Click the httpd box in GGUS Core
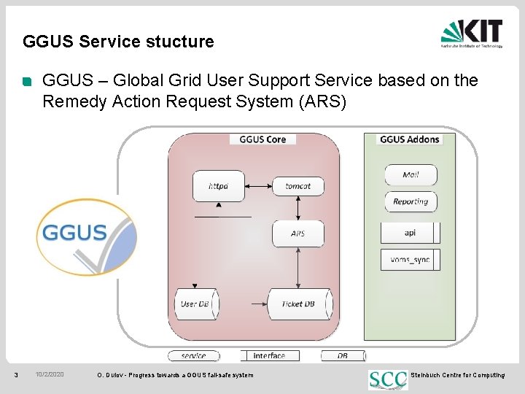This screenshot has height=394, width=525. (218, 186)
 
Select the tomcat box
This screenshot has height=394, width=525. (297, 186)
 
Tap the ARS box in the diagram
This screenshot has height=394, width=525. (297, 233)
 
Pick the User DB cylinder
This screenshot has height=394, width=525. (195, 304)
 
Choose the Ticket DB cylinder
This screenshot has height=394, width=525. (297, 304)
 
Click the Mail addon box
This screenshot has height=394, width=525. (411, 175)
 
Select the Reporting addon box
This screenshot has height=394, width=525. (411, 202)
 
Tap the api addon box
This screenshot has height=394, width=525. (410, 233)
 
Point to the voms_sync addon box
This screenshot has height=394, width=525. (410, 260)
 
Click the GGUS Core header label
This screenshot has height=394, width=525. (262, 139)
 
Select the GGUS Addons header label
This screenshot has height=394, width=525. (410, 139)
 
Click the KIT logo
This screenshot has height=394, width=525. (472, 34)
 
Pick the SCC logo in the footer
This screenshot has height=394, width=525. (388, 379)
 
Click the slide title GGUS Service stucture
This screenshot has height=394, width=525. (119, 42)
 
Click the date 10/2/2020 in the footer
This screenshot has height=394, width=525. (50, 375)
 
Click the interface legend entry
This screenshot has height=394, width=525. (269, 356)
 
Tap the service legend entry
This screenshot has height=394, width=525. (193, 356)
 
